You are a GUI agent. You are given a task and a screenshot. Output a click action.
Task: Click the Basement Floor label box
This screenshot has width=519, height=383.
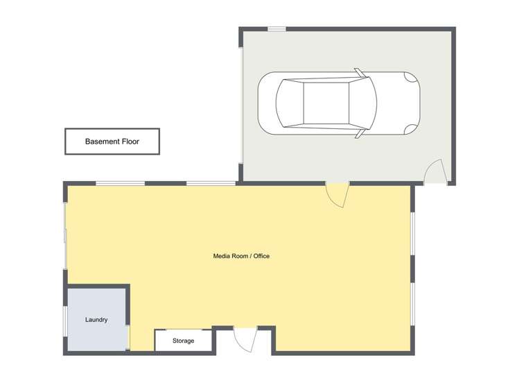pyautogui.click(x=112, y=141)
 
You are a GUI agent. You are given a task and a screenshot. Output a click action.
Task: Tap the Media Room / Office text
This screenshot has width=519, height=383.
pyautogui.click(x=241, y=256)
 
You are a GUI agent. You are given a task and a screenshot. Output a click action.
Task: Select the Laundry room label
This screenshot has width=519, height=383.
pyautogui.click(x=96, y=320)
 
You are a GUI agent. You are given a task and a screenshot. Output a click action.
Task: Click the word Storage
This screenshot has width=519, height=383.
pyautogui.click(x=183, y=341)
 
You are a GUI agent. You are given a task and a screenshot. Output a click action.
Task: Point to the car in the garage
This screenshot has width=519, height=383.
pyautogui.click(x=338, y=103)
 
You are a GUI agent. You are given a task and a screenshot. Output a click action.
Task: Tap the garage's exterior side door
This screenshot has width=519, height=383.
pyautogui.click(x=434, y=172)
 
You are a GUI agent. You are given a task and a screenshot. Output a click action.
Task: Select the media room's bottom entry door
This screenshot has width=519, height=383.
pyautogui.click(x=245, y=339)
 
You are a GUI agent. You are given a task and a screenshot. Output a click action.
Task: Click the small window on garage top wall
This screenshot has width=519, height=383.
pyautogui.click(x=276, y=28)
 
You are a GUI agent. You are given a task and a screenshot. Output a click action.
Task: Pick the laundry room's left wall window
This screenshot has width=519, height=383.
pyautogui.click(x=66, y=321)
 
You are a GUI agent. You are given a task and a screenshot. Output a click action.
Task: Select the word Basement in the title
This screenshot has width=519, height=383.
pyautogui.click(x=102, y=142)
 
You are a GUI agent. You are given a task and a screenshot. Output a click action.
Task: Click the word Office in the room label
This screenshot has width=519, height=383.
pyautogui.click(x=261, y=256)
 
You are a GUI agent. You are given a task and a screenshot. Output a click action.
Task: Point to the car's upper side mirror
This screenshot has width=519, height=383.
pyautogui.click(x=359, y=71)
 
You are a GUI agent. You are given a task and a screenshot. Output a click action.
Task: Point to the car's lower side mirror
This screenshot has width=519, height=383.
pyautogui.click(x=359, y=135)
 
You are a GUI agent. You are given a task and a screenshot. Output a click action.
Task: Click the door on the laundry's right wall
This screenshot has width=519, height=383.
pyautogui.click(x=129, y=337)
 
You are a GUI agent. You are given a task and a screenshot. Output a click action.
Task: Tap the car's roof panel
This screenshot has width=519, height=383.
pyautogui.click(x=326, y=103)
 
